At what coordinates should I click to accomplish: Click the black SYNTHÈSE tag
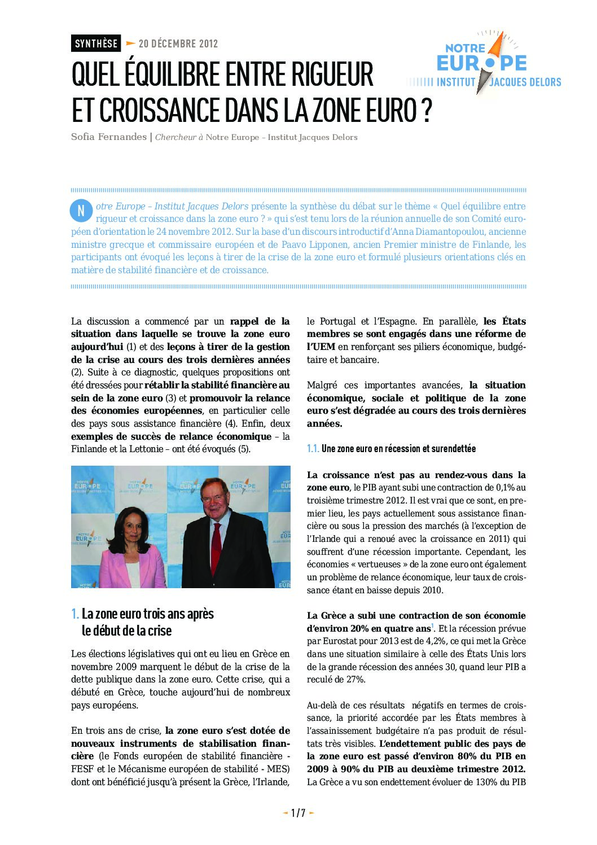(96, 43)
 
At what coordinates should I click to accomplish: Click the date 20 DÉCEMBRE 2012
(178, 43)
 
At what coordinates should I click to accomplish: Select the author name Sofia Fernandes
(108, 137)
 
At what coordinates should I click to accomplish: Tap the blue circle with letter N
(81, 211)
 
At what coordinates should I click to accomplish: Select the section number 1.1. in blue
(313, 449)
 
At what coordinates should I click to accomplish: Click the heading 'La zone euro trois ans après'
(147, 614)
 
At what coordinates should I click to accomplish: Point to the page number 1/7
(298, 813)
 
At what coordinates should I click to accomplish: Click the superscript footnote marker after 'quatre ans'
(432, 626)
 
